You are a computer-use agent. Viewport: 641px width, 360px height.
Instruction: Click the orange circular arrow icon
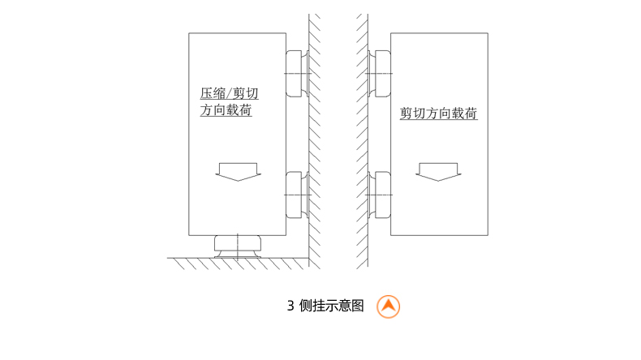(389, 306)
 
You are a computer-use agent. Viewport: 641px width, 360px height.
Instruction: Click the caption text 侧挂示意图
(331, 306)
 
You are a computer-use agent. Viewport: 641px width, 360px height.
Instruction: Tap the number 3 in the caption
(290, 306)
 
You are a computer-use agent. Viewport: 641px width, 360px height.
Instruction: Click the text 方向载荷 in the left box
(226, 109)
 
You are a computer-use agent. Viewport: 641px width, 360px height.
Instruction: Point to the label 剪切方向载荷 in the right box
(438, 114)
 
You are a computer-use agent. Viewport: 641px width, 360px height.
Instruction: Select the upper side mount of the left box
(295, 74)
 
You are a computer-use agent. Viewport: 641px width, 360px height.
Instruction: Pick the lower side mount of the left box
(295, 195)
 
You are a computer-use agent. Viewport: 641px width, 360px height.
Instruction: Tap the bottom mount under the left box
(237, 244)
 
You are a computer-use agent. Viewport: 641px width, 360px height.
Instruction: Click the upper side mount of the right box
(380, 74)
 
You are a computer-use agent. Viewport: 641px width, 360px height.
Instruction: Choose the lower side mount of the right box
(380, 195)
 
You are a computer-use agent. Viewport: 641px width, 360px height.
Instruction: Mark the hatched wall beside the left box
(314, 138)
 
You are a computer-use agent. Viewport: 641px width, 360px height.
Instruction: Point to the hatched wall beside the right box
(362, 138)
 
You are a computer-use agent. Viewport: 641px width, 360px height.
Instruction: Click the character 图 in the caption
(358, 306)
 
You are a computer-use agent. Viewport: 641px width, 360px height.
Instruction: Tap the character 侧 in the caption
(305, 306)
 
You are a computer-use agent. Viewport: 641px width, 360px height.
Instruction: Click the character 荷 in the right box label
(471, 114)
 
